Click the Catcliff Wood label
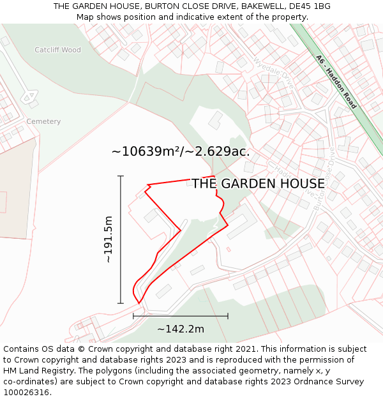point(57,50)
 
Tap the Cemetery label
point(43,121)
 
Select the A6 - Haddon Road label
point(336,81)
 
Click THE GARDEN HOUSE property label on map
point(258,184)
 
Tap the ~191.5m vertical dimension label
point(108,239)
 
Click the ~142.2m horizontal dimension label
point(181,329)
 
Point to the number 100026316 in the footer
point(26,393)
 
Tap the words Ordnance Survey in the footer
point(330,382)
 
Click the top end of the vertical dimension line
point(121,176)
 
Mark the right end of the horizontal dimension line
point(228,316)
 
